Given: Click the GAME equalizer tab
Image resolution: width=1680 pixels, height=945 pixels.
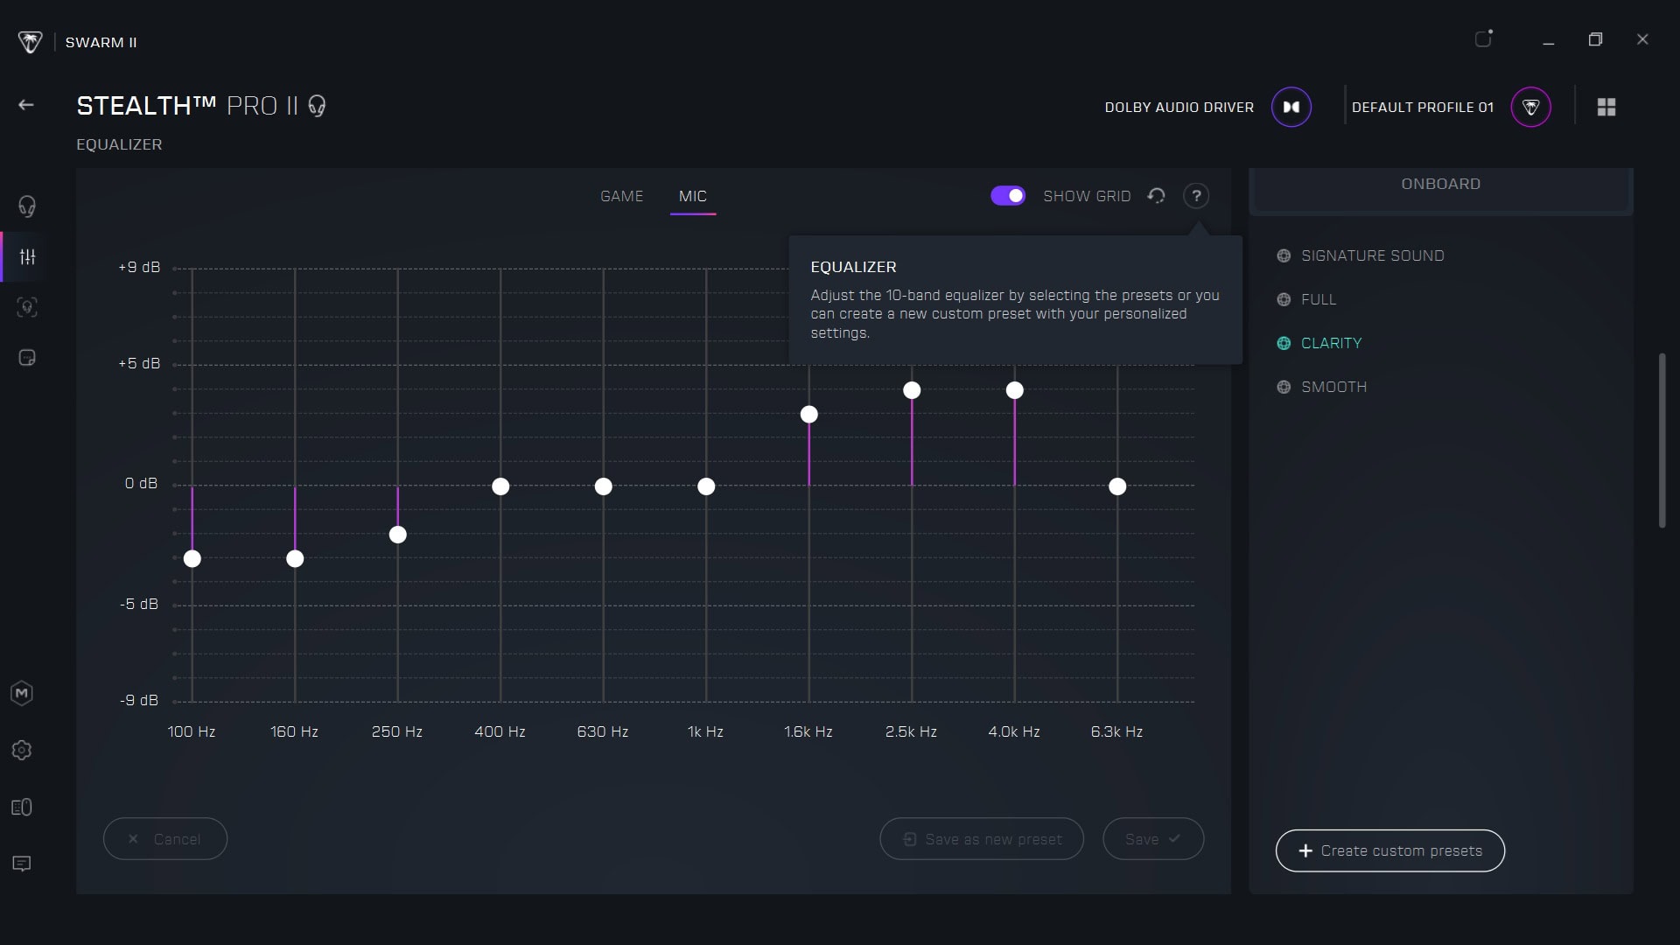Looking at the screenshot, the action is (x=621, y=196).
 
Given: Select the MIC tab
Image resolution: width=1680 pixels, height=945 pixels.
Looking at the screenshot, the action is (x=693, y=196).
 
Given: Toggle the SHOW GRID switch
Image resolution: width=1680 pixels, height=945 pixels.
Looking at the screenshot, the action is (x=1008, y=196).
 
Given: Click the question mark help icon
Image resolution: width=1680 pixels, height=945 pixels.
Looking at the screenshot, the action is (x=1196, y=196).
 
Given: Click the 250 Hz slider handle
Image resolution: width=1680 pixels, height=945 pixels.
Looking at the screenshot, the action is (x=398, y=535).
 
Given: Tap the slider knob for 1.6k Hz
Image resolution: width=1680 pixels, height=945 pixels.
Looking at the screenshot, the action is (x=809, y=415).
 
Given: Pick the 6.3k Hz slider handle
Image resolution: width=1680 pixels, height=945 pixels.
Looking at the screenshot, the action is (x=1117, y=486).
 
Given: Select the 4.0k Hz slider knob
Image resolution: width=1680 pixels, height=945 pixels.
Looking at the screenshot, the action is (x=1015, y=390).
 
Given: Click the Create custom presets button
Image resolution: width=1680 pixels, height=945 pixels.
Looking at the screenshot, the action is (x=1390, y=850).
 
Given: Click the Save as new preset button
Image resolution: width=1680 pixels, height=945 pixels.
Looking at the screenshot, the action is (x=982, y=839).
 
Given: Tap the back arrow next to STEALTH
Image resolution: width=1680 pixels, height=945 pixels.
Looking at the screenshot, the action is (x=26, y=105).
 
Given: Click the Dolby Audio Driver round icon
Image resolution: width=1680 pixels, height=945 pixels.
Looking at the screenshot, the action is (x=1291, y=107).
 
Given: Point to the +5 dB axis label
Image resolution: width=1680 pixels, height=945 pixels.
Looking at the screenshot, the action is (x=139, y=363).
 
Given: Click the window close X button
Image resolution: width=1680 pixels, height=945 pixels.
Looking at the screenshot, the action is (x=1642, y=39).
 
